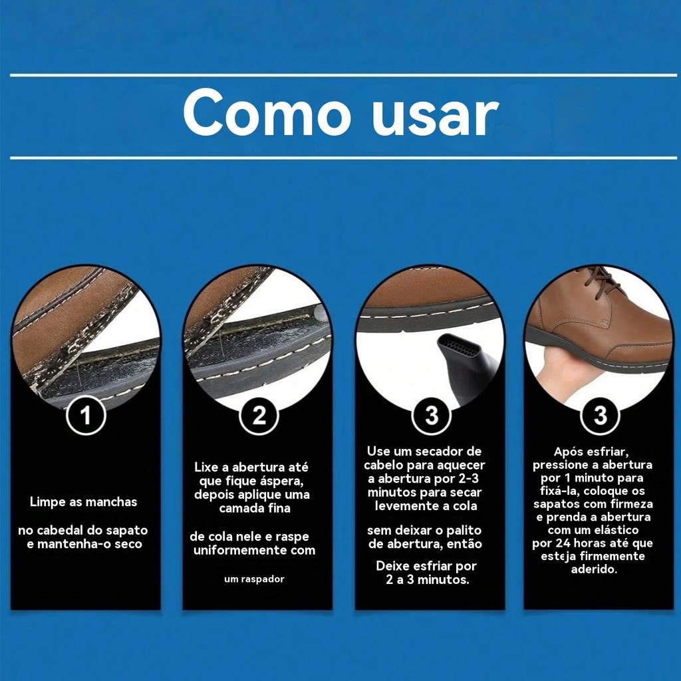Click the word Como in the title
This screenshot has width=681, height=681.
click(x=267, y=114)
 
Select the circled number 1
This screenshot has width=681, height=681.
click(x=86, y=415)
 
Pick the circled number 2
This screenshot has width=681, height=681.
click(x=259, y=415)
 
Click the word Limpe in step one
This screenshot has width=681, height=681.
click(x=47, y=502)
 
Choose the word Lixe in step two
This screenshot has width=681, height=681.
click(x=206, y=468)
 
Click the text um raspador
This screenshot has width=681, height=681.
click(x=254, y=579)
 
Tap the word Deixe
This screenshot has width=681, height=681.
click(x=393, y=566)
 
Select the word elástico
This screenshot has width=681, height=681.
click(x=616, y=530)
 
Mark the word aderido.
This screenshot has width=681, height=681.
click(x=594, y=569)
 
